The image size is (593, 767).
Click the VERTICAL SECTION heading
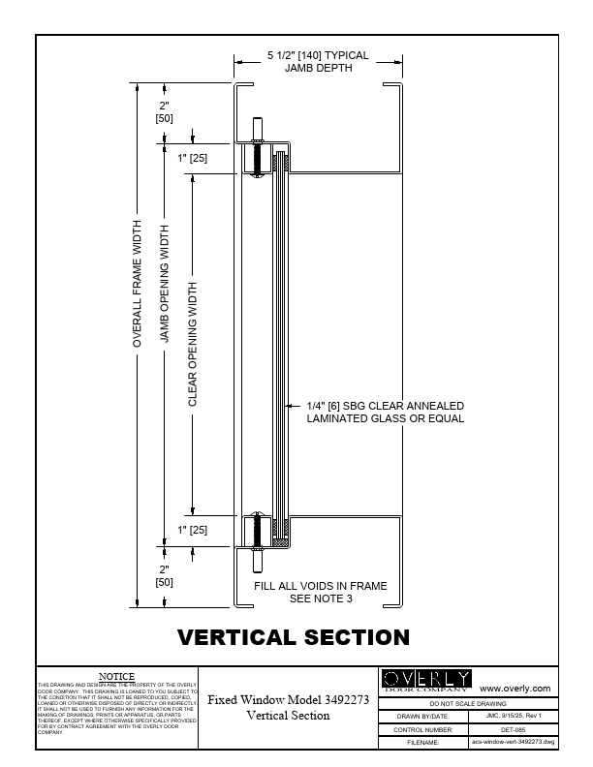coord(293,637)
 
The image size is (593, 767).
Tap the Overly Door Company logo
coord(426,679)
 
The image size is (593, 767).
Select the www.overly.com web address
coord(515,688)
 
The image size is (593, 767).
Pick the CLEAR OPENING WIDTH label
coord(192,344)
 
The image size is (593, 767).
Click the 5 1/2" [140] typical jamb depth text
coord(318,62)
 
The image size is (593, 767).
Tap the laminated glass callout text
coord(385,413)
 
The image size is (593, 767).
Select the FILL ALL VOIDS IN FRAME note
coord(321,592)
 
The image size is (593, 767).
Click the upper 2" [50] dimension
coord(164,111)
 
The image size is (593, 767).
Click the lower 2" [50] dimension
coord(164,575)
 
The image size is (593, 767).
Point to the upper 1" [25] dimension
coord(192,157)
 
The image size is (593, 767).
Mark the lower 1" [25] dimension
coord(192,530)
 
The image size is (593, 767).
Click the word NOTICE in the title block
coord(117,675)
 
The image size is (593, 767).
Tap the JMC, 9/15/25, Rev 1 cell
coord(513,716)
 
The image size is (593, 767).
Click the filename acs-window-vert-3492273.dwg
coord(513,742)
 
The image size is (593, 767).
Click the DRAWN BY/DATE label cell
coord(422,716)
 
